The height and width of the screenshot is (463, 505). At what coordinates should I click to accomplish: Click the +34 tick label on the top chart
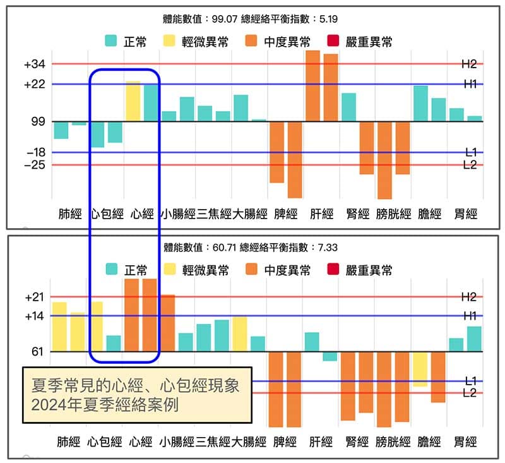click(35, 64)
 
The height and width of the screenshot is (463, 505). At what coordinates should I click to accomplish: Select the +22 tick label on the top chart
click(35, 84)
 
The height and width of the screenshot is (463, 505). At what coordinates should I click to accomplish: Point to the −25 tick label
click(35, 165)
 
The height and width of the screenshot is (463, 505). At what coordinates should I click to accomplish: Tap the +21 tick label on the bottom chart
click(35, 297)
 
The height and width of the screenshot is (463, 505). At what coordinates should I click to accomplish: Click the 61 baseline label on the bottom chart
click(38, 351)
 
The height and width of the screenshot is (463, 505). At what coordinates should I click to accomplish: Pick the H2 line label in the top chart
click(469, 64)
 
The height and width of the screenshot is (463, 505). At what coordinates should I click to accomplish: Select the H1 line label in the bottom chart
click(469, 316)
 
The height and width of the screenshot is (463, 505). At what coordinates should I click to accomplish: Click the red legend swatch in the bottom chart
click(335, 270)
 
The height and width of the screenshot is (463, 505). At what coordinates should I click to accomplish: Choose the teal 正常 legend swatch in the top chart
click(112, 42)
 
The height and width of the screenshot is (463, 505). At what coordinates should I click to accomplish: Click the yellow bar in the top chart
click(133, 101)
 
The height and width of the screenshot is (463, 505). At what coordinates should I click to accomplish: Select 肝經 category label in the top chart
click(321, 215)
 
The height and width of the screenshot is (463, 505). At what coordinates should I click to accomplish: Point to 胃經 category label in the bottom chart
click(465, 442)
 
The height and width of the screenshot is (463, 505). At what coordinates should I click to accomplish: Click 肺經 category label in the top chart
click(70, 215)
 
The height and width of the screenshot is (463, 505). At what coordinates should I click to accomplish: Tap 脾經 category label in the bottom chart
click(285, 442)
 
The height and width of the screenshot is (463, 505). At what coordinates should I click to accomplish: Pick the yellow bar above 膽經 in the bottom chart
click(420, 369)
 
